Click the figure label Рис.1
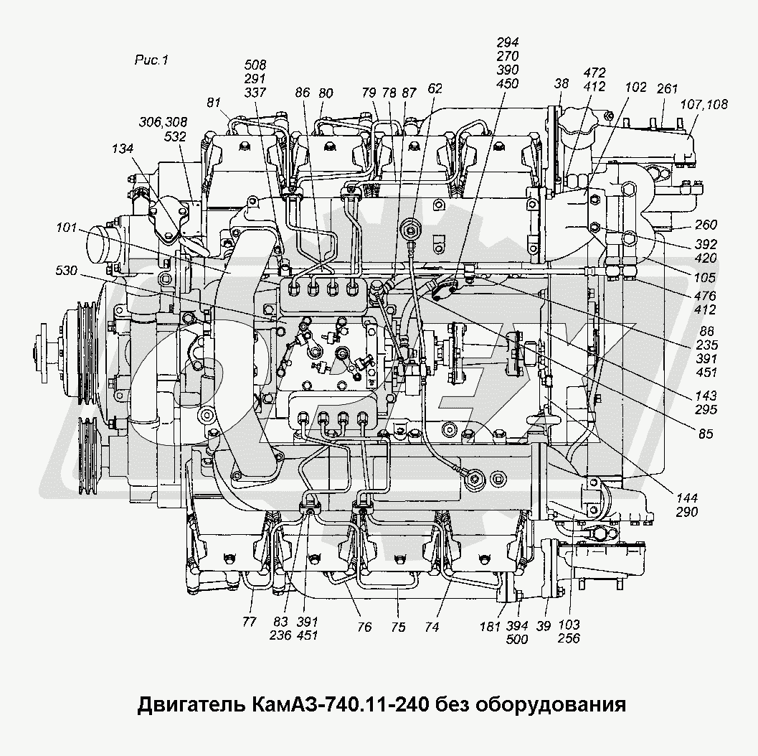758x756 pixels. click(x=151, y=61)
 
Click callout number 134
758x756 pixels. click(x=123, y=149)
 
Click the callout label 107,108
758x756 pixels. click(x=703, y=104)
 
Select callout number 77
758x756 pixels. click(x=249, y=622)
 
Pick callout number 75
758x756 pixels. click(x=398, y=627)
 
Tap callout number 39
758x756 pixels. click(x=544, y=627)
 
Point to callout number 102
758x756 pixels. click(x=635, y=87)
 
